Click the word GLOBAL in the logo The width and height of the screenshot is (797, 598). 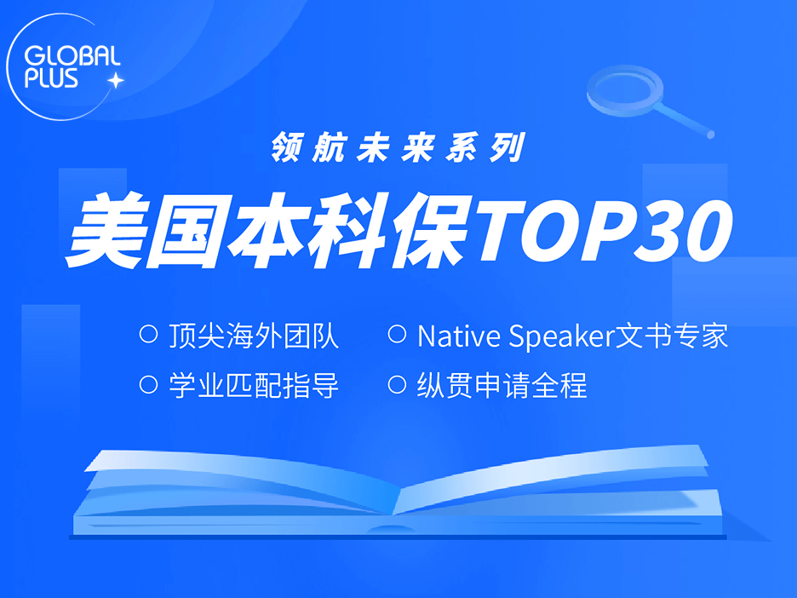pos(72,55)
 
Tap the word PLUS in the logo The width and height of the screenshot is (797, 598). pos(51,78)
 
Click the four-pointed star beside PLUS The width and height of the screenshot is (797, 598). pos(116,80)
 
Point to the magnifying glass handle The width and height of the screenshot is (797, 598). pos(684,119)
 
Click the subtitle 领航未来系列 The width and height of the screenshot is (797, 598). pos(398,147)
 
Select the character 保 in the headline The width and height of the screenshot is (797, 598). pos(427,232)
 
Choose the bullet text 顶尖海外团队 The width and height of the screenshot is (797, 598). pos(254,336)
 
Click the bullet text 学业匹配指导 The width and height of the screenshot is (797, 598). pos(254,385)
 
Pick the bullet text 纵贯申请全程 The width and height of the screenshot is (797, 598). pos(502,385)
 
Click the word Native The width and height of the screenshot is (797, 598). pos(458,336)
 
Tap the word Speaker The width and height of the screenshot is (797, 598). pos(562,337)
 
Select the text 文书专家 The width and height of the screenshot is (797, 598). pos(672,336)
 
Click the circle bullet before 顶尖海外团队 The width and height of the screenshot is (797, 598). pos(148,334)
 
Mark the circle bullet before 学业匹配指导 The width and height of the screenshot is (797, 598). pos(148,384)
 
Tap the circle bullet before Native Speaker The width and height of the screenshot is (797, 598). pos(397,334)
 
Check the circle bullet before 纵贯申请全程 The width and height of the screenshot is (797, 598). pos(397,384)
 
